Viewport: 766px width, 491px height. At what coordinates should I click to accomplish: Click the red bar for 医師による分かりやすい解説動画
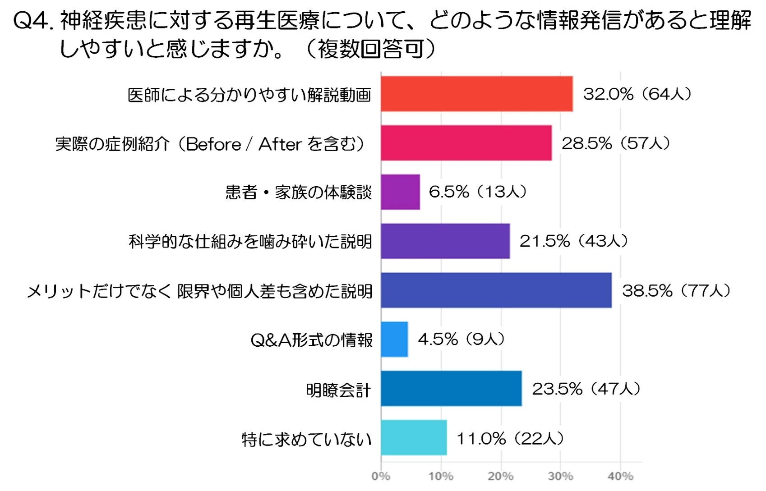476,94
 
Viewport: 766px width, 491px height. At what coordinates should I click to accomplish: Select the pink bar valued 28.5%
466,143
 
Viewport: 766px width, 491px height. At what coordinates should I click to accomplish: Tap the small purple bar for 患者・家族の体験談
400,192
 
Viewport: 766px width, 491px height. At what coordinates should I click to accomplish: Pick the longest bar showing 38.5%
496,290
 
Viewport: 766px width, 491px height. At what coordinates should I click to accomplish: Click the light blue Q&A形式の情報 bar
394,340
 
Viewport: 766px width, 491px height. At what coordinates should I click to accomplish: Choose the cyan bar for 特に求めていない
414,438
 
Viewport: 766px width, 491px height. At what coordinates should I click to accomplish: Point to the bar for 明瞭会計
451,389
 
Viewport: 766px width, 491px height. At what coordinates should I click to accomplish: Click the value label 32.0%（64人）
637,94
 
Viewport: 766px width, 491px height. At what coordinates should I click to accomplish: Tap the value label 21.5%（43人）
573,241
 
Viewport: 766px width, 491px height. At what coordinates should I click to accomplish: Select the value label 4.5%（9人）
461,339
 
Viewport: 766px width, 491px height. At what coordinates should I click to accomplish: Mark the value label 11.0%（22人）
510,438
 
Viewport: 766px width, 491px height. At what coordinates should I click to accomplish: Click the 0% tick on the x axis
381,476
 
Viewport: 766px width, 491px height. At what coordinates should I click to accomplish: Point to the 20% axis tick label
500,476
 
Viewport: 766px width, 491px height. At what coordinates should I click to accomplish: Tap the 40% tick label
620,476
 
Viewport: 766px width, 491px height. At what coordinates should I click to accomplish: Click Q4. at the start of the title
34,21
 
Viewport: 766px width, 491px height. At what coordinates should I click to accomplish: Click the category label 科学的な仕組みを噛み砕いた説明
250,242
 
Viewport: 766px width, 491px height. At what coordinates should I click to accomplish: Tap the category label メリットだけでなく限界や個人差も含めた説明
200,291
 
